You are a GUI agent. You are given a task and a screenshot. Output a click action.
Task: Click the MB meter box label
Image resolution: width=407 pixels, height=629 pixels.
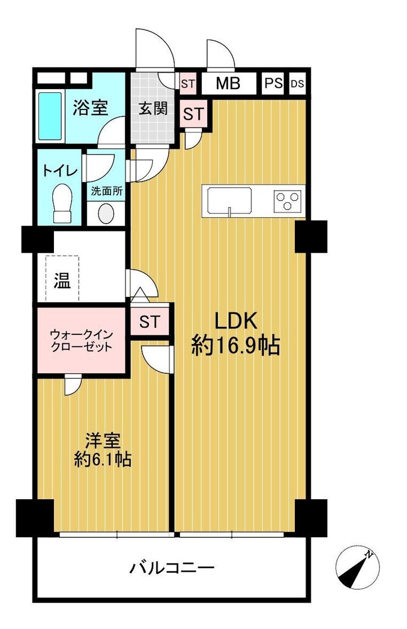pos(228,84)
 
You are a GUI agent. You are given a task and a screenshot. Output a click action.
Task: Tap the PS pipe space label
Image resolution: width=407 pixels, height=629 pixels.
pos(273,84)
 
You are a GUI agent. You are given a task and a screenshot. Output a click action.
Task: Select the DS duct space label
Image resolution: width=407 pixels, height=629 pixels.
pos(297,84)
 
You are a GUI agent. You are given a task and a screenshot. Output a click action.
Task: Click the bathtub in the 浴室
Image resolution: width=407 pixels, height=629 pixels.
pos(50,116)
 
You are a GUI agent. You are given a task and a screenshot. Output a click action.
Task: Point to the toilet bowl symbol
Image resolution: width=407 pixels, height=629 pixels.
pos(62,202)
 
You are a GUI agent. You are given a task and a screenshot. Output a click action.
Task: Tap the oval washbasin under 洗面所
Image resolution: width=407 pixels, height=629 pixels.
pos(106,213)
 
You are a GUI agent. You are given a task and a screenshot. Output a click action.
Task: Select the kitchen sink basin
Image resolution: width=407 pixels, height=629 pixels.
pos(229,201)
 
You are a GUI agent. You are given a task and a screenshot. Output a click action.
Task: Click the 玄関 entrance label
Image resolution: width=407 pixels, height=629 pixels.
pos(153,108)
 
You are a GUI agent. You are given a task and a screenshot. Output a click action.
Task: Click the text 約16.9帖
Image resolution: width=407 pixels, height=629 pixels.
pos(235,345)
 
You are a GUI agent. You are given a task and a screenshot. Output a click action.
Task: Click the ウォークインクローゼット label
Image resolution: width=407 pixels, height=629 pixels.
pos(81,340)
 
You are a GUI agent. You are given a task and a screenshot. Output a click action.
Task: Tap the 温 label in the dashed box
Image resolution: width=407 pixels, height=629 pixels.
pos(62,280)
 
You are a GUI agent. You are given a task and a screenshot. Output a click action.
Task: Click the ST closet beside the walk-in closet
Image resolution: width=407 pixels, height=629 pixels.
pos(150,321)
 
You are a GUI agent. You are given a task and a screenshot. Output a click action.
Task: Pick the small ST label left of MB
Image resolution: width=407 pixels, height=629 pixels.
pos(188,84)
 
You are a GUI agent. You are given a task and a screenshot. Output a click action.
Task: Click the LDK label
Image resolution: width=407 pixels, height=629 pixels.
pos(236,321)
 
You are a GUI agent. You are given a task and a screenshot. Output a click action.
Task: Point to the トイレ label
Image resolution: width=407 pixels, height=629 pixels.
pos(60,171)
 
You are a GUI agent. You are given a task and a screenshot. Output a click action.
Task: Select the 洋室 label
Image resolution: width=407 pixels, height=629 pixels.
pos(103,442)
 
